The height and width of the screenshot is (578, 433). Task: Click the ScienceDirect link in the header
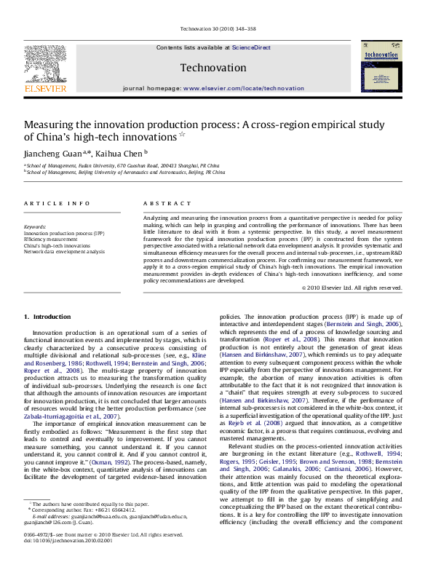click(x=251, y=47)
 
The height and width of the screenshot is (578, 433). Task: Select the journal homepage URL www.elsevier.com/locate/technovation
click(x=244, y=87)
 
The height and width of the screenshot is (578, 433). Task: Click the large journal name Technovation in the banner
click(x=214, y=68)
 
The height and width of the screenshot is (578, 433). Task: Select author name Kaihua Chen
click(x=119, y=154)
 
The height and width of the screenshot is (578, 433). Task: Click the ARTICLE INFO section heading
click(x=57, y=203)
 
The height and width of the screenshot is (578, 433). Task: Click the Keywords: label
click(x=35, y=226)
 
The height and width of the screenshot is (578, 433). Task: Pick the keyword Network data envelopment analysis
click(x=64, y=251)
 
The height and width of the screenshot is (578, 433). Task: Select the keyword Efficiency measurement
click(x=51, y=239)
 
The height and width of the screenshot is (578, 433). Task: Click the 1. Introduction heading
click(x=48, y=317)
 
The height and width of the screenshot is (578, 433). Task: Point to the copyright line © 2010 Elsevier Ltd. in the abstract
click(x=351, y=288)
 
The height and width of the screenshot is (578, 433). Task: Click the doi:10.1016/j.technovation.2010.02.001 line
click(x=68, y=561)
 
